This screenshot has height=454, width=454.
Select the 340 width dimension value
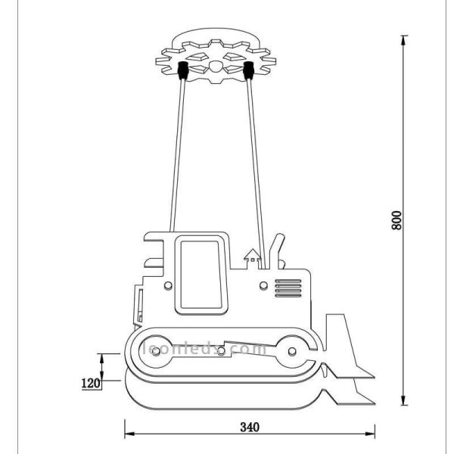(x=249, y=427)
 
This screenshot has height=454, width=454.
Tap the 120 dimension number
(x=91, y=383)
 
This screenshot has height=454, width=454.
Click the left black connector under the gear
(x=182, y=72)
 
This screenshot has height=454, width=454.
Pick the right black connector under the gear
(x=247, y=72)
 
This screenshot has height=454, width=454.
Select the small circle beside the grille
(x=263, y=285)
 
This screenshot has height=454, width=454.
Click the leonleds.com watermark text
(x=204, y=349)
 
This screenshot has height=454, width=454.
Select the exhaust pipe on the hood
(x=278, y=250)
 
